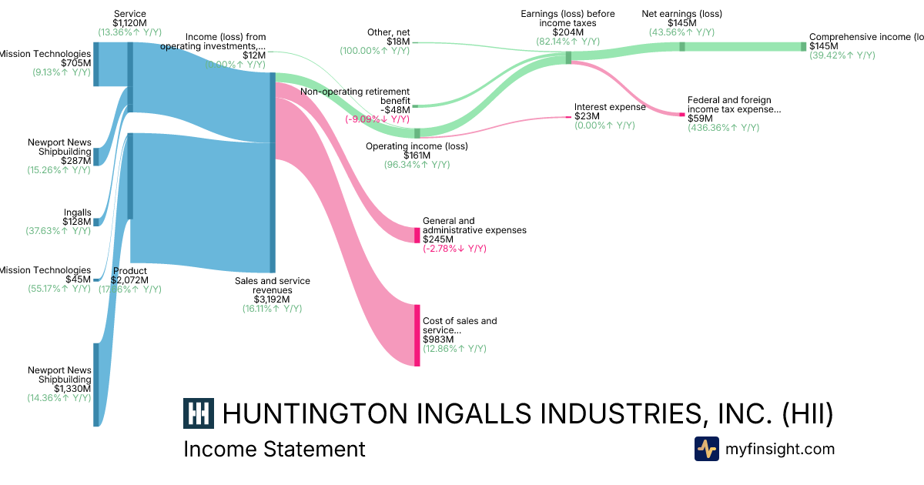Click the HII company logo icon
tap(199, 413)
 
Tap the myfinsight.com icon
tap(707, 449)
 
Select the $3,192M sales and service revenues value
tap(272, 299)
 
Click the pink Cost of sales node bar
tap(417, 335)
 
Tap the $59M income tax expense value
tap(701, 119)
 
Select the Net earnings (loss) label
tap(681, 14)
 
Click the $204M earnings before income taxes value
tap(567, 32)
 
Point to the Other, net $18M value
tap(398, 42)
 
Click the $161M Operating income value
tap(417, 156)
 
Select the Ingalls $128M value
tap(77, 222)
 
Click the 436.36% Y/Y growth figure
tap(723, 128)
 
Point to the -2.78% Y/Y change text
tap(454, 249)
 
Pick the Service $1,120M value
tap(129, 23)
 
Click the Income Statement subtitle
tap(274, 449)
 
